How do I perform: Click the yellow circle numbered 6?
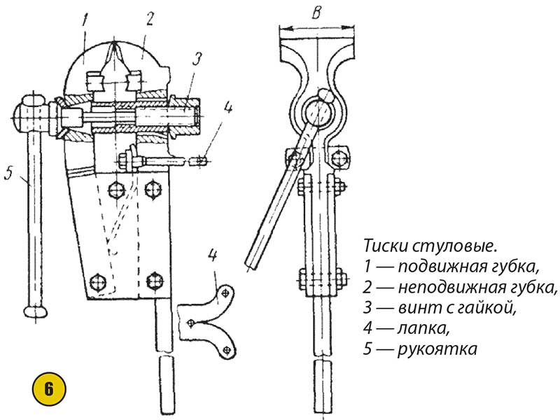48,389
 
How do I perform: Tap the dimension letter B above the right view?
316,13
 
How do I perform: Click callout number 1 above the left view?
85,20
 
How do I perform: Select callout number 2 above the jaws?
149,19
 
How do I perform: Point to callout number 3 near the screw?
197,59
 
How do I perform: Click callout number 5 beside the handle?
9,173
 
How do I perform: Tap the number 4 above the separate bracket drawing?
213,255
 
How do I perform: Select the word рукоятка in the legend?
437,349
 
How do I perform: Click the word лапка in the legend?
423,328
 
